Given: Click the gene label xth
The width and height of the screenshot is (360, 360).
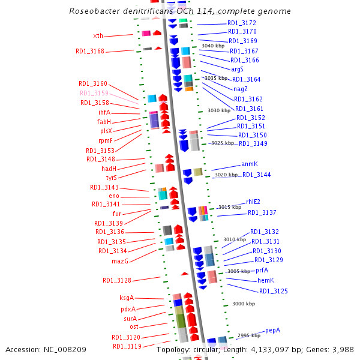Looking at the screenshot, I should tap(98, 36).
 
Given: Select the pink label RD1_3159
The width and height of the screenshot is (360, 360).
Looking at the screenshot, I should tap(94, 93).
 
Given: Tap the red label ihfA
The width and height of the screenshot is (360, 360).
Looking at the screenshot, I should tap(104, 112).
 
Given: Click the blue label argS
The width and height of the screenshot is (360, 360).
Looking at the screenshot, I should tap(237, 69).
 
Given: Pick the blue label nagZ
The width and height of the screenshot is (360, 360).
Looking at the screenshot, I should tap(241, 89).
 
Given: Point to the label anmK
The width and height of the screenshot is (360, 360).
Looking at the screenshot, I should tap(249, 164).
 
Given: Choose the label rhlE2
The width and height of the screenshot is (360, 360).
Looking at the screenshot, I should tap(253, 202).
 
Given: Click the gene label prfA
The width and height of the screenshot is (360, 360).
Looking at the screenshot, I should tap(262, 271).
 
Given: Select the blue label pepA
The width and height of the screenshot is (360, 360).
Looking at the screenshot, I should tap(273, 330).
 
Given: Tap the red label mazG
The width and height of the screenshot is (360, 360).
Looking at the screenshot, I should tap(121, 261).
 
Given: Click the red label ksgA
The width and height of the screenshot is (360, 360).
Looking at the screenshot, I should tap(127, 298).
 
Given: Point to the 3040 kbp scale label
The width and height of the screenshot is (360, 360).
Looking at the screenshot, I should tap(213, 46).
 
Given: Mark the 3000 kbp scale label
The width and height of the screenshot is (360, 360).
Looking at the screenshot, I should tap(244, 304).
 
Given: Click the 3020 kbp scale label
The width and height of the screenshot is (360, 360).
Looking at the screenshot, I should tap(226, 175).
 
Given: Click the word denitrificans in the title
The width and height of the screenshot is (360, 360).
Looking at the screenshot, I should tap(137, 11).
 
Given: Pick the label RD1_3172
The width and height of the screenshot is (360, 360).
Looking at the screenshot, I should tap(242, 23).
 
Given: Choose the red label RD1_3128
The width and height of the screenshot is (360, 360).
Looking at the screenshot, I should tap(117, 280).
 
